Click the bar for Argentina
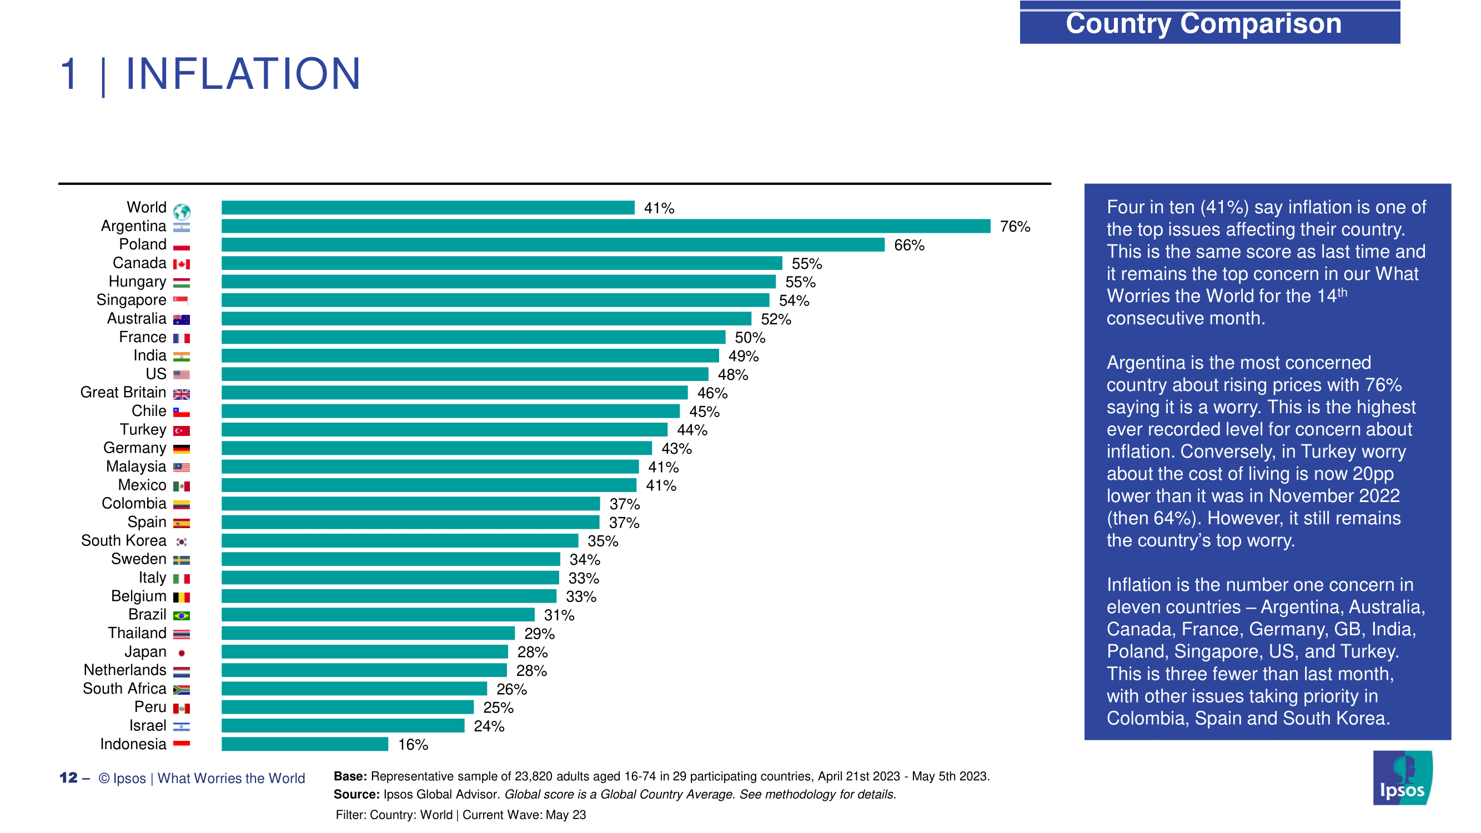[605, 226]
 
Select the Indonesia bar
[305, 744]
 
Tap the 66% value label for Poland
[909, 245]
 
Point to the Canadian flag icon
[182, 264]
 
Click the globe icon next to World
[182, 211]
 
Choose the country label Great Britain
[123, 393]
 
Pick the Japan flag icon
[182, 653]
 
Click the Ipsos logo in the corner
[1402, 778]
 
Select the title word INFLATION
[243, 75]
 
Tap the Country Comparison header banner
[1209, 23]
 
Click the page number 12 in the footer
[68, 778]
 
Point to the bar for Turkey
[444, 429]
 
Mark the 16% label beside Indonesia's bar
[413, 745]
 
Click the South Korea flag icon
[182, 541]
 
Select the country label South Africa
[124, 689]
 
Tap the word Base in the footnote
[349, 776]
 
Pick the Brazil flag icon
[182, 616]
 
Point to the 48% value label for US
[732, 375]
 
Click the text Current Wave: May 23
[524, 815]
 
